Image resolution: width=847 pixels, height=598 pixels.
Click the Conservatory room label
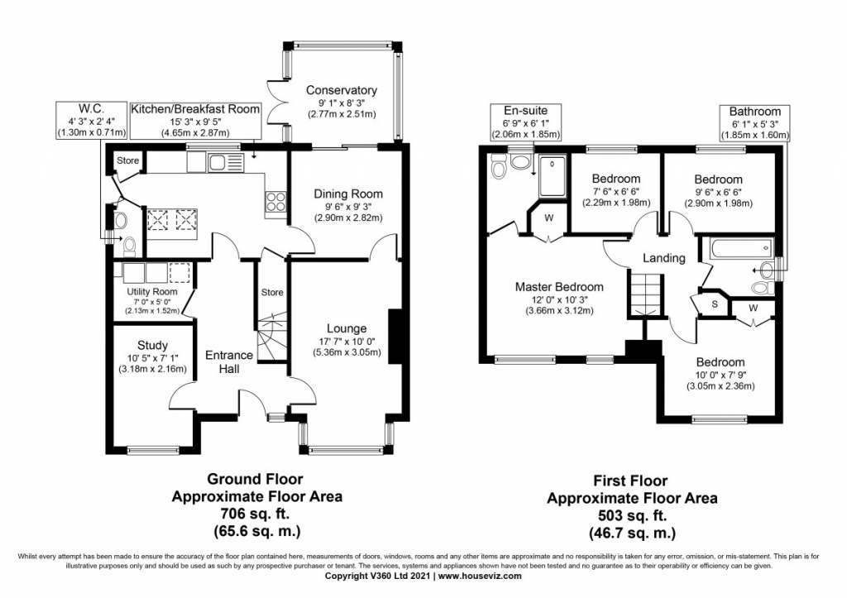[341, 90]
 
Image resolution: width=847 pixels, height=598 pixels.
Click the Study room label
[152, 345]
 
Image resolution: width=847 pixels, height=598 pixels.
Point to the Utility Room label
[151, 292]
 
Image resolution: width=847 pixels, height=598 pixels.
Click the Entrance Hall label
[228, 361]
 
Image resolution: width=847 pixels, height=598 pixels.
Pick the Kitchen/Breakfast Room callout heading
[195, 109]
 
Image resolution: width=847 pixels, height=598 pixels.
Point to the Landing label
[664, 258]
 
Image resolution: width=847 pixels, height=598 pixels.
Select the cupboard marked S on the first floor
[714, 304]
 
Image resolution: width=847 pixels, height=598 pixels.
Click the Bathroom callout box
[754, 123]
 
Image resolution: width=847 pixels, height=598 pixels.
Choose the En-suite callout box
[525, 122]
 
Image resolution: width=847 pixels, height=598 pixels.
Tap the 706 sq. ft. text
[254, 514]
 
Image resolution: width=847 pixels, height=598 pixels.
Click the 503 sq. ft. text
[631, 515]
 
